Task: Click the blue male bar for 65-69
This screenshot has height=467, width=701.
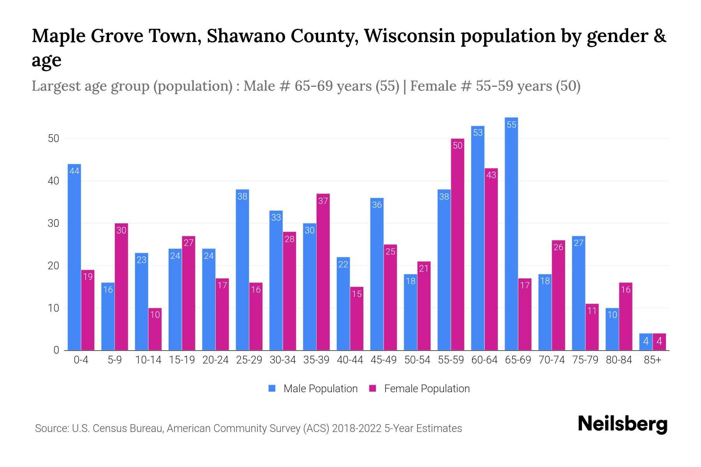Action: [511, 233]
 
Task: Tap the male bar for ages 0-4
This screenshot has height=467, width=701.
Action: [74, 257]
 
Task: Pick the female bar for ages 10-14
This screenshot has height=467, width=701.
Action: [155, 329]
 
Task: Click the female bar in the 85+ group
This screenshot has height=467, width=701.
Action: [659, 342]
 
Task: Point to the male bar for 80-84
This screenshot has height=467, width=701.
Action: [612, 329]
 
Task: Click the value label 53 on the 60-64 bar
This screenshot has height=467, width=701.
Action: [478, 133]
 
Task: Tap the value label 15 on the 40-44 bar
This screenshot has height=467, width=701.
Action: [357, 294]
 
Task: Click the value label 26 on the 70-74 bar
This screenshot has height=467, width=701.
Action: [558, 247]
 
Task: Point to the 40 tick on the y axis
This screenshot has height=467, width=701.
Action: [53, 181]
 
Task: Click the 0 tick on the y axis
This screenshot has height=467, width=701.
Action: [56, 350]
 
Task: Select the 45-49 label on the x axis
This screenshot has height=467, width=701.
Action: [384, 360]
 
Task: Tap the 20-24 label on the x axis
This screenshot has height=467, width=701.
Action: [215, 360]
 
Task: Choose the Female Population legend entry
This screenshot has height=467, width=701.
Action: [419, 389]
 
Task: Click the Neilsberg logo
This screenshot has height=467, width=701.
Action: [622, 425]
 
